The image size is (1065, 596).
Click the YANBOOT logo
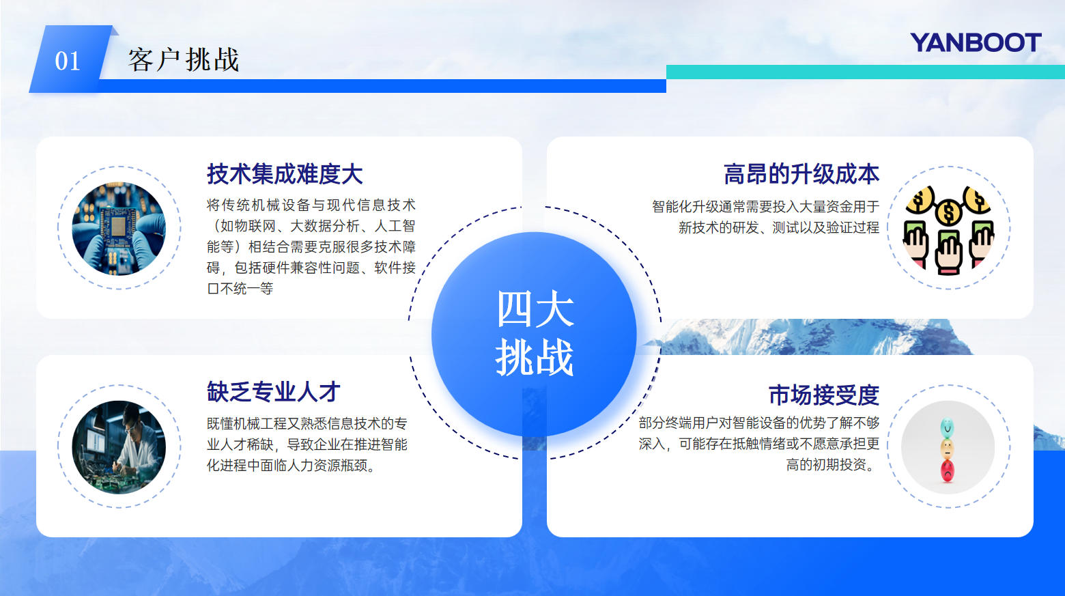[x=975, y=43]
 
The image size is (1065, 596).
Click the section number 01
[x=68, y=61]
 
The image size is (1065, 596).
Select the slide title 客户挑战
[x=184, y=60]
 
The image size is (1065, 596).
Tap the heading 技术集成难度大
[x=285, y=174]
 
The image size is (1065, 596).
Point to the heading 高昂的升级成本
[x=801, y=174]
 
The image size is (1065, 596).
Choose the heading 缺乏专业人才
[x=273, y=392]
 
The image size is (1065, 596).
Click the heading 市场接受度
[x=823, y=395]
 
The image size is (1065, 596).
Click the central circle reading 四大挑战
[x=534, y=334]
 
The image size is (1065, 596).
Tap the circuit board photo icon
[x=119, y=228]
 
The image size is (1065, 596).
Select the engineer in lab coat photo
[x=119, y=447]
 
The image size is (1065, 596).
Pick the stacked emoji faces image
[x=948, y=448]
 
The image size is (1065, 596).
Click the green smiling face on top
[x=947, y=428]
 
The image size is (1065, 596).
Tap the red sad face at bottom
[x=948, y=470]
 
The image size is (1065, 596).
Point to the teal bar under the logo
[x=865, y=72]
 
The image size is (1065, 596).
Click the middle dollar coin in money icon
[x=948, y=212]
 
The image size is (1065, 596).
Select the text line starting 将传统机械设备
[x=311, y=205]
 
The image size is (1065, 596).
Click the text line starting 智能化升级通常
[x=765, y=206]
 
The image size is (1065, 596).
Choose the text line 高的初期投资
[x=832, y=465]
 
